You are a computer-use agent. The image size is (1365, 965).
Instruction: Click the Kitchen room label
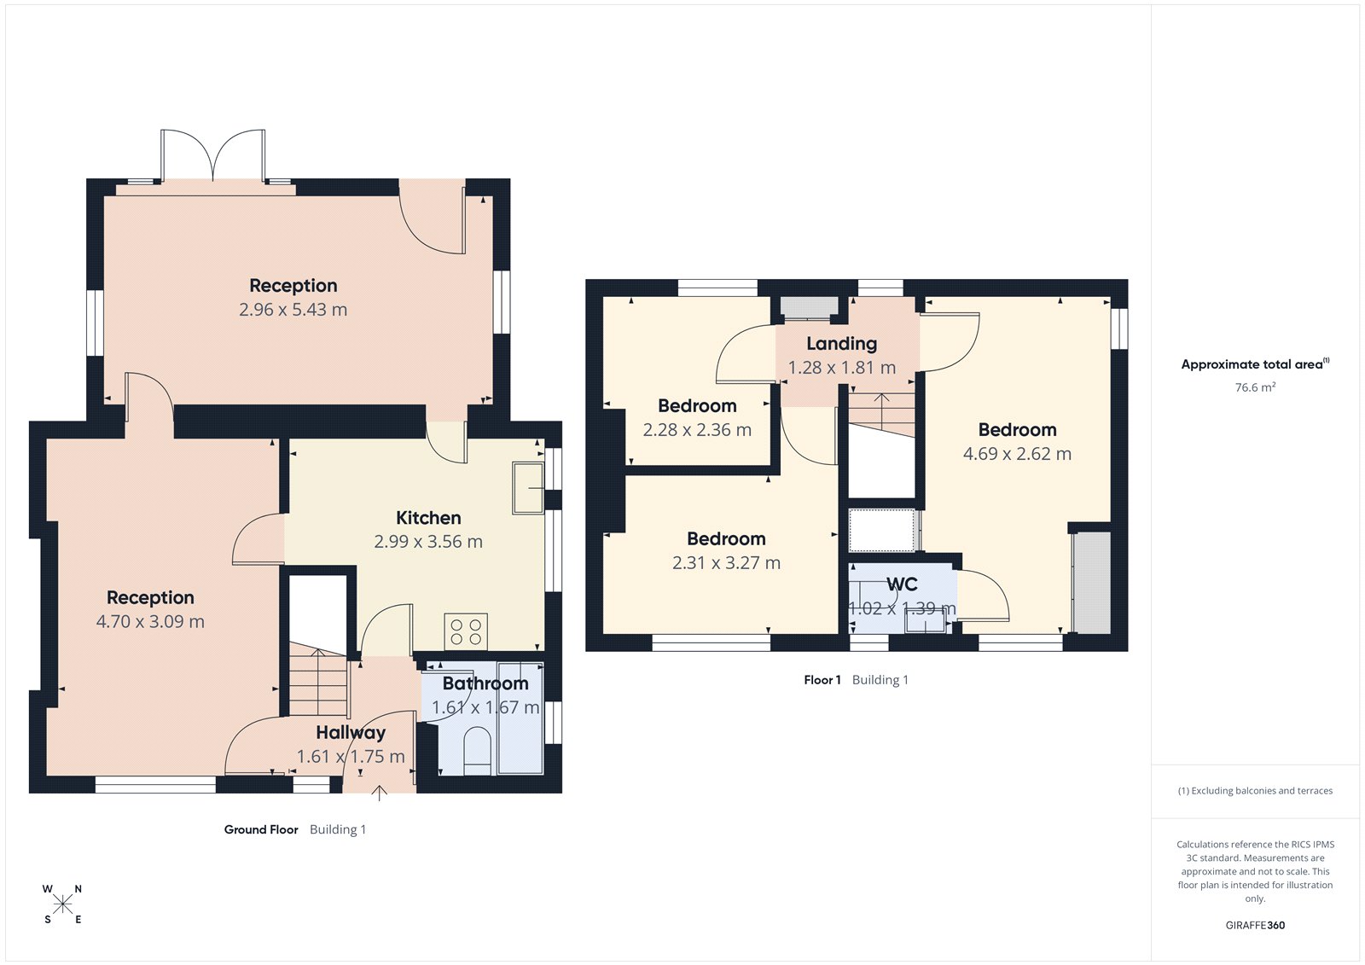[428, 518]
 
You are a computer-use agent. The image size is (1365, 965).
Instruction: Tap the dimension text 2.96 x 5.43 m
[293, 310]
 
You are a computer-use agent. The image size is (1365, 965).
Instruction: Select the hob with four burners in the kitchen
[466, 632]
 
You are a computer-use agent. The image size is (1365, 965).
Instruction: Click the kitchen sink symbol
[528, 488]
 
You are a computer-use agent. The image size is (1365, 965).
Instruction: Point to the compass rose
[62, 904]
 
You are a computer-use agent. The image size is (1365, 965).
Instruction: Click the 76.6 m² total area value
[1255, 387]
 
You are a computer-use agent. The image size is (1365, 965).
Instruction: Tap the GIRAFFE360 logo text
[1255, 925]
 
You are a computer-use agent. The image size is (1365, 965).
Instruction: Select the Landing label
[841, 344]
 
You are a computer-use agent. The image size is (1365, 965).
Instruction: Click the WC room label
[902, 584]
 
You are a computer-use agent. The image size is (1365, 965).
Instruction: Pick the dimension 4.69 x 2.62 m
[1017, 454]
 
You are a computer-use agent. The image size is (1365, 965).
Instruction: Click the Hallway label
[351, 732]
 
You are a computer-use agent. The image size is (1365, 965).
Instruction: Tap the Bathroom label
[485, 683]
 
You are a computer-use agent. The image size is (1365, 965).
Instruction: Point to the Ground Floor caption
[261, 829]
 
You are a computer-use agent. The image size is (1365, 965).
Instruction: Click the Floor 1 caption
[822, 680]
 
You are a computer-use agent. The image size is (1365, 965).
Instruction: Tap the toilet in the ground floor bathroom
[478, 751]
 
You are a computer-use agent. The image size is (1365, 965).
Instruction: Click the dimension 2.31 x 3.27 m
[726, 563]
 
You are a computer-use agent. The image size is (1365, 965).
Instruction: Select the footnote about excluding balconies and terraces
[1255, 791]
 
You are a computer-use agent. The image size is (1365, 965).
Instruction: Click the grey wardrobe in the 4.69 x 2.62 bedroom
[1092, 583]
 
